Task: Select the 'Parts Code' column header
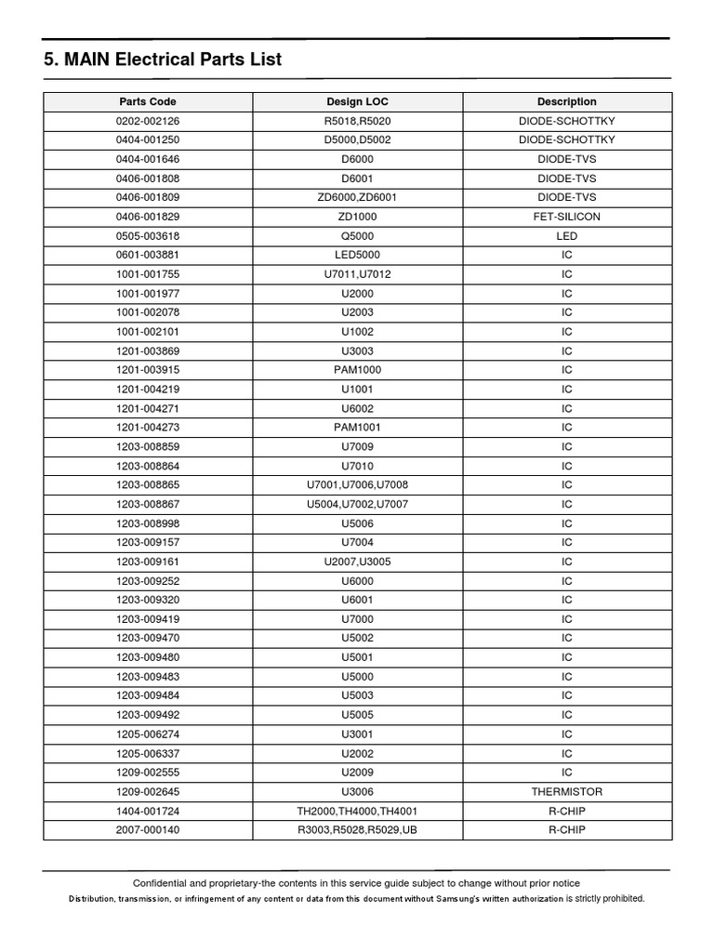point(147,101)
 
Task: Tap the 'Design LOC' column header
point(358,101)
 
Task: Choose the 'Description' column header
point(566,101)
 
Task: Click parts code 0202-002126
point(147,121)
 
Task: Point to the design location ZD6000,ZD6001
point(358,197)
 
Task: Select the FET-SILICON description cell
point(566,217)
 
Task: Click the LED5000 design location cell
point(358,255)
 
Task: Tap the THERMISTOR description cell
point(566,792)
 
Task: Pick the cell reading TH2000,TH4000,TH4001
point(358,811)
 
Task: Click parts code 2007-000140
point(147,830)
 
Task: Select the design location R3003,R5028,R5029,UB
point(358,830)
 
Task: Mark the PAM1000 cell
point(358,370)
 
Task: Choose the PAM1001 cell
point(358,428)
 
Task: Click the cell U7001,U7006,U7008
point(358,485)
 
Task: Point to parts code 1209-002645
point(147,792)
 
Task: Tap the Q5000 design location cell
point(358,236)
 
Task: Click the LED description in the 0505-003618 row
point(566,236)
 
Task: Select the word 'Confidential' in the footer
point(163,883)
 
